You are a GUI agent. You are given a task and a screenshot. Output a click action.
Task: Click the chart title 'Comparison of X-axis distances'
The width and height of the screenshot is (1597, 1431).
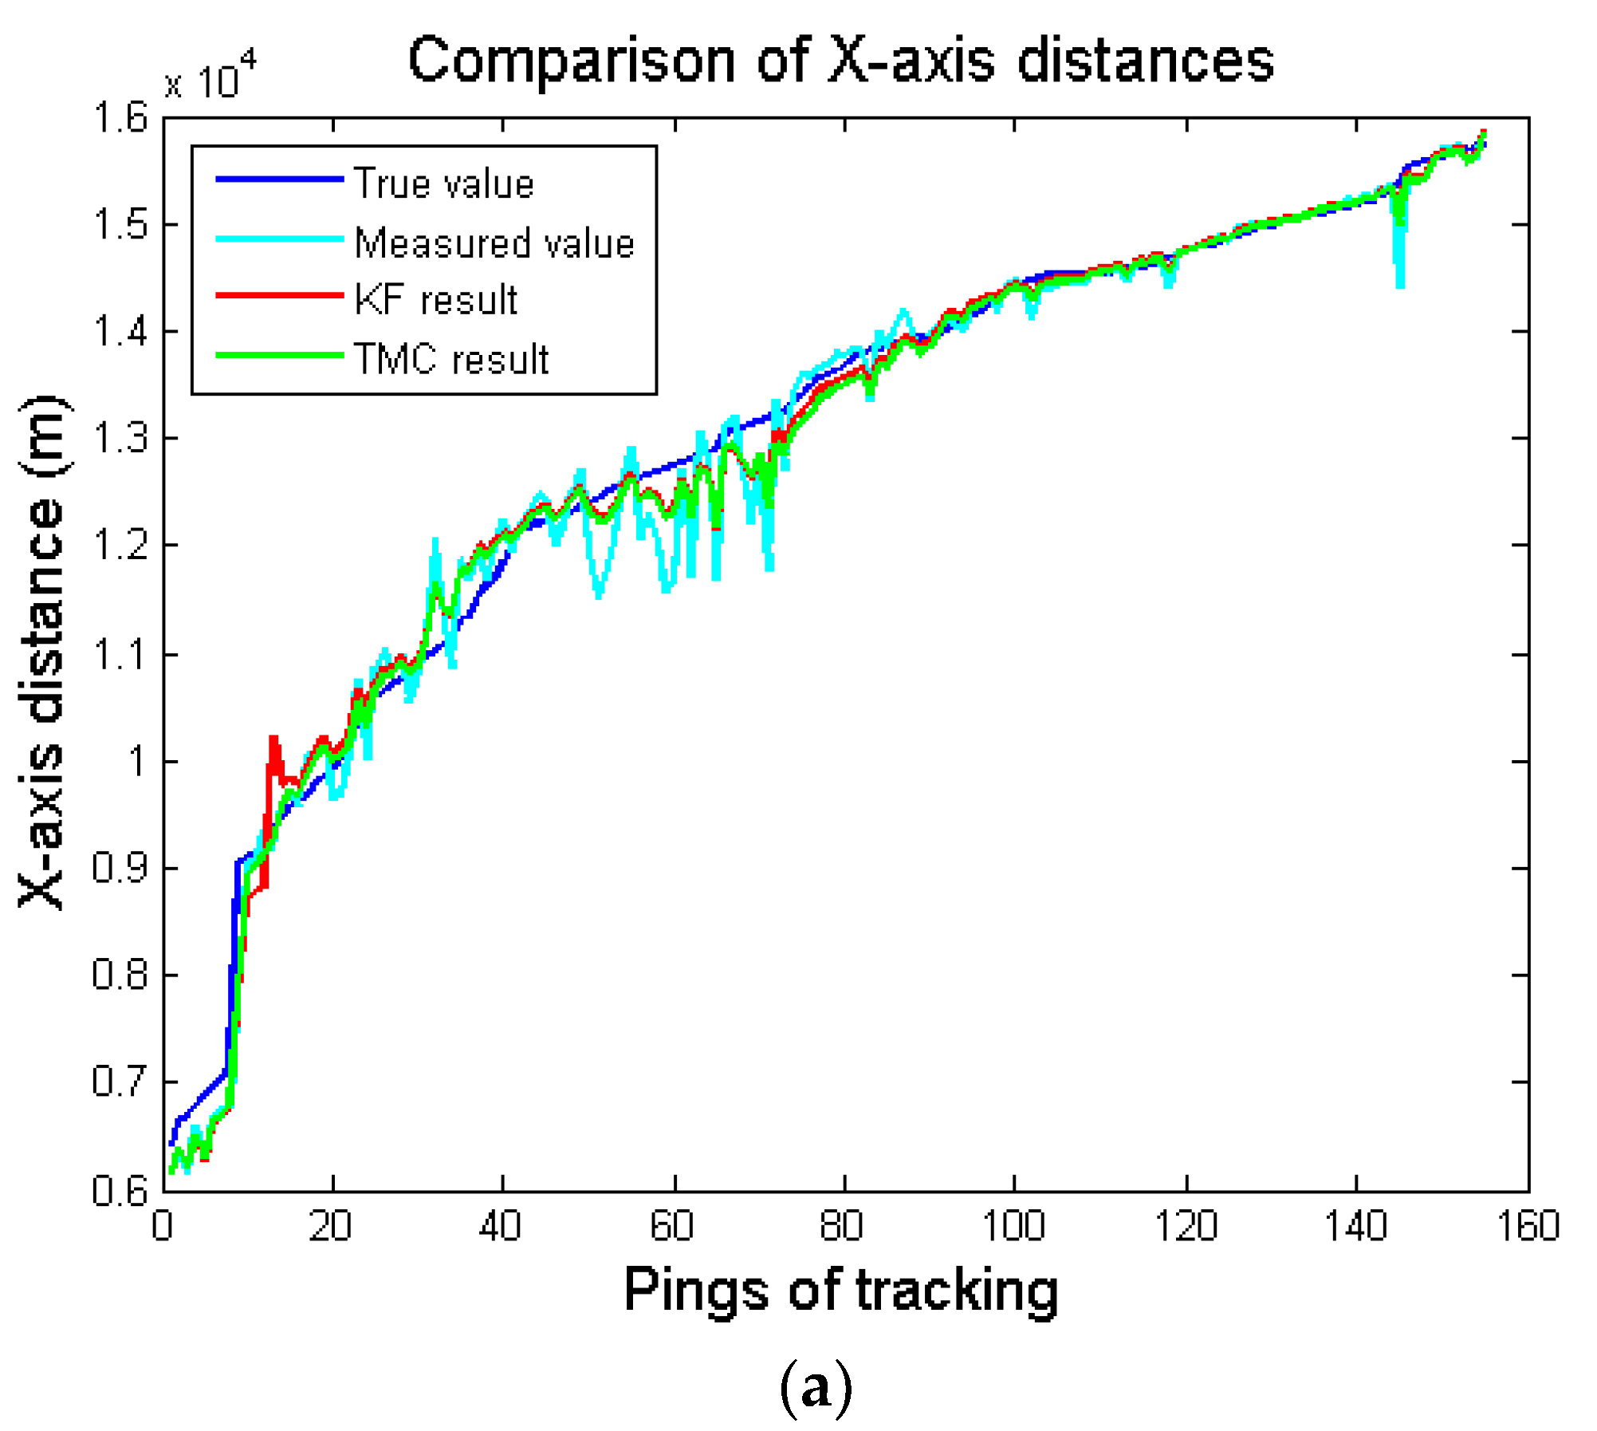coord(840,62)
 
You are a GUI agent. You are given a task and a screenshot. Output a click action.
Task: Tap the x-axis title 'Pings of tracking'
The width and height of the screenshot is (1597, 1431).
coord(840,1290)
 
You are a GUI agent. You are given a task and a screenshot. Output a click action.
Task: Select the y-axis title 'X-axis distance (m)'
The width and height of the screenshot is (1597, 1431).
coord(44,652)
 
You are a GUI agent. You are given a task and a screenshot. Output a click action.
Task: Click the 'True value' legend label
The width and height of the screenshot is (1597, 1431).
coord(443,184)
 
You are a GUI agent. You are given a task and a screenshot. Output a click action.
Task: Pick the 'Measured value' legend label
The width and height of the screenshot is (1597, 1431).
coord(494,243)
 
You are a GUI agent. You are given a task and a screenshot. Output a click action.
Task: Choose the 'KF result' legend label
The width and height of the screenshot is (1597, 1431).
coord(435,301)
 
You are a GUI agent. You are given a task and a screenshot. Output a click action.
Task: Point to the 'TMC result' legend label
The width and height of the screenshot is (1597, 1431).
coord(451,360)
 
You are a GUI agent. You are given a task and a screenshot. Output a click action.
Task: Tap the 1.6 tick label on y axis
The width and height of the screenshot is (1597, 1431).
coord(121,118)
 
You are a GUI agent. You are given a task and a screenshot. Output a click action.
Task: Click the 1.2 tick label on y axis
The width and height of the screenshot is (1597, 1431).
coord(121,546)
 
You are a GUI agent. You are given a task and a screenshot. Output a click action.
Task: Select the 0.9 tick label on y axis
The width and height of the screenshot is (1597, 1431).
coord(121,868)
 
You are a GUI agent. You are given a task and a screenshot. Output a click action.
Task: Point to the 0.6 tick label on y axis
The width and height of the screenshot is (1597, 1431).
coord(121,1190)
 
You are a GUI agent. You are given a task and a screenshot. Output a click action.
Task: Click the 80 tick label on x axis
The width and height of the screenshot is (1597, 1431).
coord(842,1227)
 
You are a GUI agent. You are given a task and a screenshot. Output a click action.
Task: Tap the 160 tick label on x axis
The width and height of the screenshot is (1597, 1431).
coord(1528,1227)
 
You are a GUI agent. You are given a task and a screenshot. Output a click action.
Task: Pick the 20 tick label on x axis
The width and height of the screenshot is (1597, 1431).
coord(330,1227)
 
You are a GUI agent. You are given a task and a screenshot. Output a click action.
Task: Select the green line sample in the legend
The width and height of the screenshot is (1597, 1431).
coord(279,355)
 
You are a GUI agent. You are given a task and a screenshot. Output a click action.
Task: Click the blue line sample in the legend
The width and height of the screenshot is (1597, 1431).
coord(279,179)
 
